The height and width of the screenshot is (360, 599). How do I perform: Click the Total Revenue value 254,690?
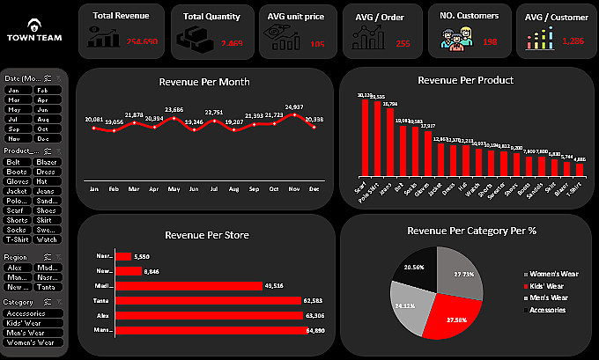(142, 41)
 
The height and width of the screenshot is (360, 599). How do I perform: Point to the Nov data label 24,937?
(295, 107)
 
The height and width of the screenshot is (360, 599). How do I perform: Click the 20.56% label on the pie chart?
(413, 264)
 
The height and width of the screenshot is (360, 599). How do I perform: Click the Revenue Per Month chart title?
(204, 82)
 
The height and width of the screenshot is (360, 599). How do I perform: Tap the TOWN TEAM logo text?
(33, 38)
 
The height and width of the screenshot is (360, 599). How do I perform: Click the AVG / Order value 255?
(403, 42)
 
